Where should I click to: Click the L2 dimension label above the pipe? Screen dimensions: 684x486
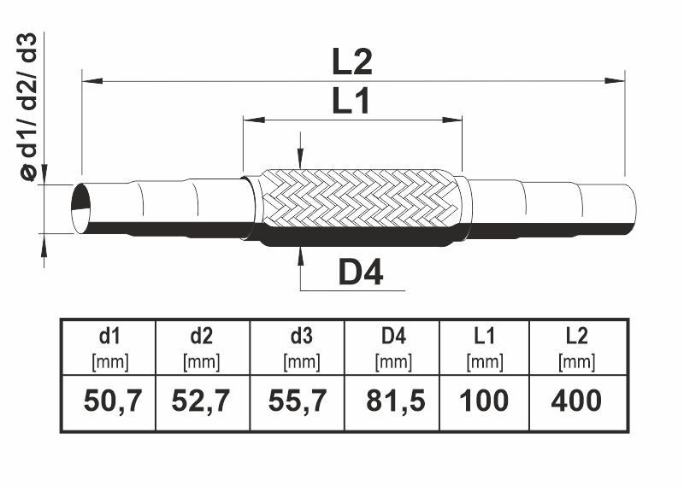tap(352, 61)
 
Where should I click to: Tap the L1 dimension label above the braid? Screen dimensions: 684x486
tap(351, 101)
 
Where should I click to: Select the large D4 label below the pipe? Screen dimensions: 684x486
tap(361, 272)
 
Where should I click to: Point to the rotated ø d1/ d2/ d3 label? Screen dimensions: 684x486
tap(29, 107)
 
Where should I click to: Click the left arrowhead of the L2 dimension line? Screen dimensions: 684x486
tap(92, 80)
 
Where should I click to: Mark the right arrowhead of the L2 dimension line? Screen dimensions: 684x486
tap(615, 80)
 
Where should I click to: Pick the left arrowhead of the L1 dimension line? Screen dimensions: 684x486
tap(254, 120)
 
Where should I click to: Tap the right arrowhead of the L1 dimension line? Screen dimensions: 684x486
tap(452, 120)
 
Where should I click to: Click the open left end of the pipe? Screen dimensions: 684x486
tap(80, 208)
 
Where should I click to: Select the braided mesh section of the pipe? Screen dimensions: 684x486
tap(360, 199)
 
